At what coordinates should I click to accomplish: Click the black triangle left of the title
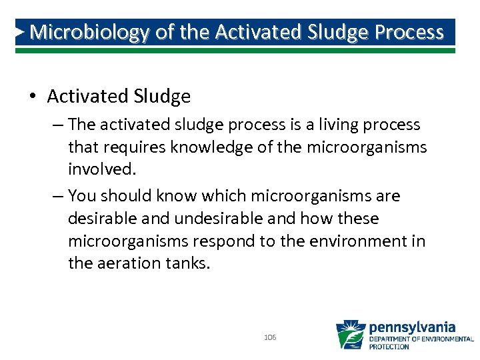[x=20, y=31]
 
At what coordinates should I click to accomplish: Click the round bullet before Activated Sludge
[x=33, y=97]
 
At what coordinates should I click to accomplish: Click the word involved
[x=101, y=169]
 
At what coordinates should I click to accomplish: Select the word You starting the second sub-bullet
[x=83, y=196]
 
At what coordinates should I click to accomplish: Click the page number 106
[x=270, y=338]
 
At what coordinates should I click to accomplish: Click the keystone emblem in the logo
[x=350, y=334]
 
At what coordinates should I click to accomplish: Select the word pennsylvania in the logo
[x=412, y=327]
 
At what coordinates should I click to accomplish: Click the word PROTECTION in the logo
[x=390, y=347]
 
